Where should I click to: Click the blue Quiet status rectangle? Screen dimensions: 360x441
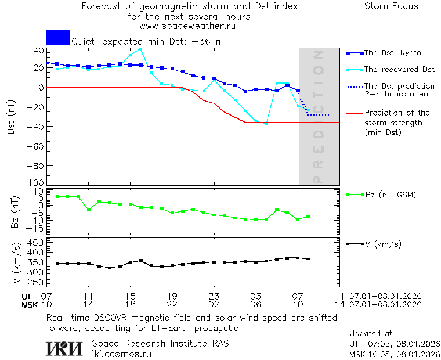pyautogui.click(x=58, y=37)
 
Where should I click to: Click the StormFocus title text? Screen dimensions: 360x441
pyautogui.click(x=391, y=6)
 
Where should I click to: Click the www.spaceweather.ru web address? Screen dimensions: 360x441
pyautogui.click(x=187, y=26)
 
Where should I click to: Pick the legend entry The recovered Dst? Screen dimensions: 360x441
pyautogui.click(x=399, y=70)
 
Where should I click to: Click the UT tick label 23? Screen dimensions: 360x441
pyautogui.click(x=214, y=296)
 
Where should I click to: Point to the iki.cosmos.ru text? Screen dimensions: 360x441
pyautogui.click(x=121, y=354)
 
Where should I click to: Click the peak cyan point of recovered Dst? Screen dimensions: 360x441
pyautogui.click(x=140, y=48)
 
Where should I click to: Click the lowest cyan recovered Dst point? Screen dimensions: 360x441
pyautogui.click(x=266, y=124)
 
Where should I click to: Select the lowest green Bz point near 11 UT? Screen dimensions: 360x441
pyautogui.click(x=88, y=210)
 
